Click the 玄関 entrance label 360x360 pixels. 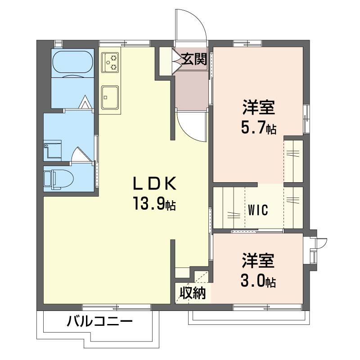(194, 59)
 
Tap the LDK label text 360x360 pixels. (154, 184)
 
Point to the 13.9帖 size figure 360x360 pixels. (154, 203)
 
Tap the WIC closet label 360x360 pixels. (258, 210)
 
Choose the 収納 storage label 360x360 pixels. (193, 293)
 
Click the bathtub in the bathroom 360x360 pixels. (72, 63)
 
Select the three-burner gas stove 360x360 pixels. (110, 63)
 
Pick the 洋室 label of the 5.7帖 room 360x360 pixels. (259, 108)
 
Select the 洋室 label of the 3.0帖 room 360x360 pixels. (258, 261)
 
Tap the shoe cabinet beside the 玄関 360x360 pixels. (166, 61)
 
